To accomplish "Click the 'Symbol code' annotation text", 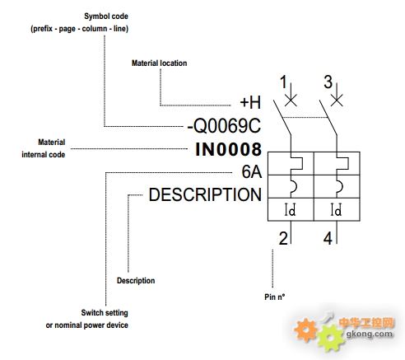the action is [x=106, y=16].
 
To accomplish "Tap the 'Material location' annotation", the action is [x=159, y=63].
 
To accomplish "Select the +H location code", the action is [x=250, y=102].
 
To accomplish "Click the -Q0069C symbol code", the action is [x=224, y=126].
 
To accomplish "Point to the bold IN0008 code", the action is [x=228, y=149].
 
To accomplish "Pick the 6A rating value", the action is [x=251, y=172].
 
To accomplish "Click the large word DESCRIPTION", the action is [x=205, y=194].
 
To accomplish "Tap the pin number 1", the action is [x=283, y=82].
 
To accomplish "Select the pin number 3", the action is [x=328, y=82].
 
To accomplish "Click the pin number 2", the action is [x=283, y=238].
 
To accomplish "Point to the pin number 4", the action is [x=328, y=238].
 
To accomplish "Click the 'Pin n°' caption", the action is [x=275, y=297].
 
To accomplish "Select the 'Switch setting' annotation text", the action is [x=105, y=313].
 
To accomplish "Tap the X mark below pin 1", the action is [x=291, y=100].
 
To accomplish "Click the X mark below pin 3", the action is [x=337, y=100].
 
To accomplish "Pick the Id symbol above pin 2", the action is [x=290, y=209].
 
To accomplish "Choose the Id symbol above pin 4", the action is [x=336, y=209].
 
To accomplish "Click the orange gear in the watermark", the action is [x=305, y=330].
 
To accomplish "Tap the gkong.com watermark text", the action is [x=370, y=334].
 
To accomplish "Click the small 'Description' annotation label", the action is [x=136, y=281].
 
